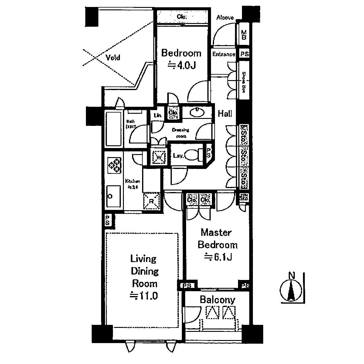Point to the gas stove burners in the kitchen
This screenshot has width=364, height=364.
pyautogui.click(x=114, y=166)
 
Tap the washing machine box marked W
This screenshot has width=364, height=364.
pyautogui.click(x=159, y=157)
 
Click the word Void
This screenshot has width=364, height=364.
pyautogui.click(x=113, y=57)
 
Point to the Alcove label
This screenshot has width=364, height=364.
pyautogui.click(x=225, y=18)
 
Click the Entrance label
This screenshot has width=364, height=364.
pyautogui.click(x=224, y=54)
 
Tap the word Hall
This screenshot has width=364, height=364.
pyautogui.click(x=225, y=114)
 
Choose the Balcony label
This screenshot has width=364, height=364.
pyautogui.click(x=217, y=300)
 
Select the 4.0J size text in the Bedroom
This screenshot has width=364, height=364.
pyautogui.click(x=182, y=65)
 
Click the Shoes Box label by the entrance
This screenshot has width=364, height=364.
pyautogui.click(x=243, y=81)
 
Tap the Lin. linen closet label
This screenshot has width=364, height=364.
pyautogui.click(x=157, y=115)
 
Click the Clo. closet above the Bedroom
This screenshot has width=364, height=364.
pyautogui.click(x=182, y=16)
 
